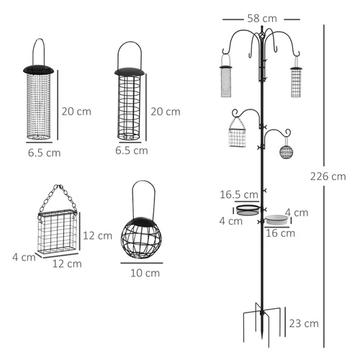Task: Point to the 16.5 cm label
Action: pos(240,194)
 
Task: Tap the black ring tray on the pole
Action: pos(248,210)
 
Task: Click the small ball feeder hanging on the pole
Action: pos(287,153)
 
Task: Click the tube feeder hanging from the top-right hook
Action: pos(295,81)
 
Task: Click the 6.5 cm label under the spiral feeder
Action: pos(132,150)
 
